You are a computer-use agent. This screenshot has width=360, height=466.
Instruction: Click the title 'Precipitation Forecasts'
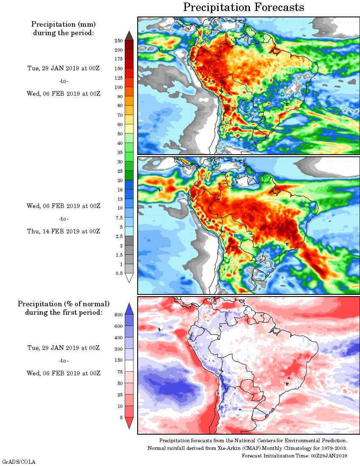coord(244,7)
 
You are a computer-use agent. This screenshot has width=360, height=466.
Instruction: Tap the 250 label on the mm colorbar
coord(118,41)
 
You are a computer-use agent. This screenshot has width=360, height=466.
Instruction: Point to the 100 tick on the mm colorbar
coord(118,87)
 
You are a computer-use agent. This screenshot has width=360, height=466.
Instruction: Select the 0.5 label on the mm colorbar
coord(119,274)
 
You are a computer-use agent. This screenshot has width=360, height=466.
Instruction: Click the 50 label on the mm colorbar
coord(119,134)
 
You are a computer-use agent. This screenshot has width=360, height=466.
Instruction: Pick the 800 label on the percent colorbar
coord(118,315)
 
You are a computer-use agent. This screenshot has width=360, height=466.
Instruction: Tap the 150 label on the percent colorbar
coord(118,361)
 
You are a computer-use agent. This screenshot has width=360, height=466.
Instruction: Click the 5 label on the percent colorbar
coord(121,418)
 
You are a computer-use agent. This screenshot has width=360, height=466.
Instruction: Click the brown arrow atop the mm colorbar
coord(129,36)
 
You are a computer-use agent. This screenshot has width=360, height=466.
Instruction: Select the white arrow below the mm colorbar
coord(129,278)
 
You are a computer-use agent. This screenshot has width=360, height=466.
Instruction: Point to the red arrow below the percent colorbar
coord(129,422)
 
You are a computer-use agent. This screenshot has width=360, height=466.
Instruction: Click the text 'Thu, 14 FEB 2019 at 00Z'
coord(64,231)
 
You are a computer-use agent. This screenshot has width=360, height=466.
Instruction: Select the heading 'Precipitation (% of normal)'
coord(64,304)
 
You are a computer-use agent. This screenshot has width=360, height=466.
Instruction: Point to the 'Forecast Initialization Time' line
coord(294,455)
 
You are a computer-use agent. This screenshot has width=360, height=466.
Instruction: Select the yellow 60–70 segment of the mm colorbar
coord(129,120)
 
